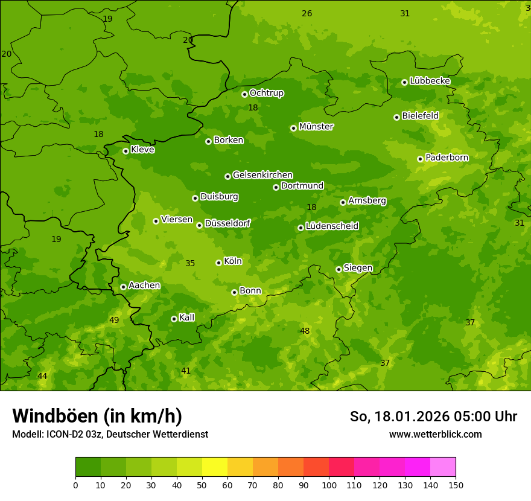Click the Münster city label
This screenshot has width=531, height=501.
click(x=316, y=127)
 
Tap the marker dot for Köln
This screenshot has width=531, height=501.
click(x=218, y=263)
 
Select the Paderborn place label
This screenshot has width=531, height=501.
click(x=447, y=158)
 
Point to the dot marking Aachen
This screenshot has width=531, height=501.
click(x=123, y=287)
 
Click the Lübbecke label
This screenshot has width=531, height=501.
click(x=430, y=81)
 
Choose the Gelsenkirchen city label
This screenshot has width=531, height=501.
click(x=262, y=175)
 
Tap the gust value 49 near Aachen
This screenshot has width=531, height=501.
click(x=114, y=320)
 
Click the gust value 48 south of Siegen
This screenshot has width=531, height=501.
click(x=305, y=331)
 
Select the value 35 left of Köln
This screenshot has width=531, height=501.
click(x=190, y=263)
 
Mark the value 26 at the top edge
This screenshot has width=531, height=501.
click(x=307, y=13)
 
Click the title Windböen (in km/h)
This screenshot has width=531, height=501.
click(x=97, y=416)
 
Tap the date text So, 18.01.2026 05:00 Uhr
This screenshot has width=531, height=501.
click(x=433, y=416)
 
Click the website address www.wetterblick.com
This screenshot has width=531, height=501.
click(x=435, y=434)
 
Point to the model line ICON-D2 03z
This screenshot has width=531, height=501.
click(x=110, y=434)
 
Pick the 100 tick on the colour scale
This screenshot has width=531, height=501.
click(x=329, y=485)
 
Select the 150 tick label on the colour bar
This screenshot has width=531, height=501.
click(x=456, y=485)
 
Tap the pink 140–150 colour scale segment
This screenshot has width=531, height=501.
click(x=443, y=467)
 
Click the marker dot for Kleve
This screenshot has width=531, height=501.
click(x=126, y=151)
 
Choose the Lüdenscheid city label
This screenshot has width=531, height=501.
click(x=332, y=226)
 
